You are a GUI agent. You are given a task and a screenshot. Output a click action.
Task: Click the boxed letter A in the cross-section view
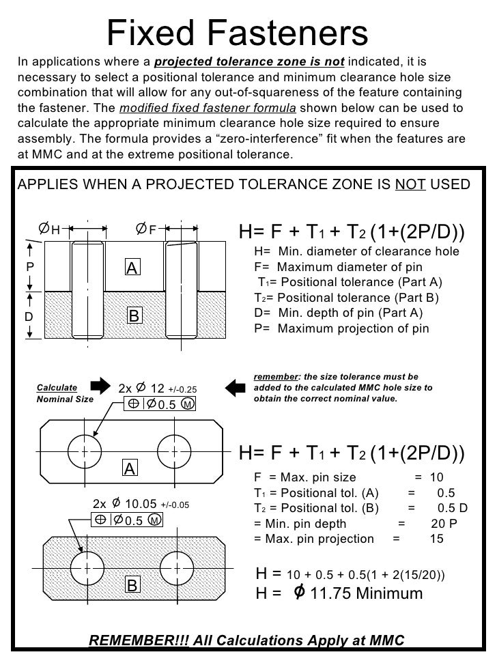(132, 269)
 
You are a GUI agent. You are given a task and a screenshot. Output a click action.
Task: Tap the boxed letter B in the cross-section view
(134, 315)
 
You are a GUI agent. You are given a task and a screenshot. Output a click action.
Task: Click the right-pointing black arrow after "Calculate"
(99, 387)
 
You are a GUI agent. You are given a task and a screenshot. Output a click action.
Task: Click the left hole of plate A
(85, 451)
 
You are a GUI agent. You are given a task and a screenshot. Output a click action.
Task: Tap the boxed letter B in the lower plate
(132, 585)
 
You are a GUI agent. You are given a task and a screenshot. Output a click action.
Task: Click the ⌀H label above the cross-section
(48, 228)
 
